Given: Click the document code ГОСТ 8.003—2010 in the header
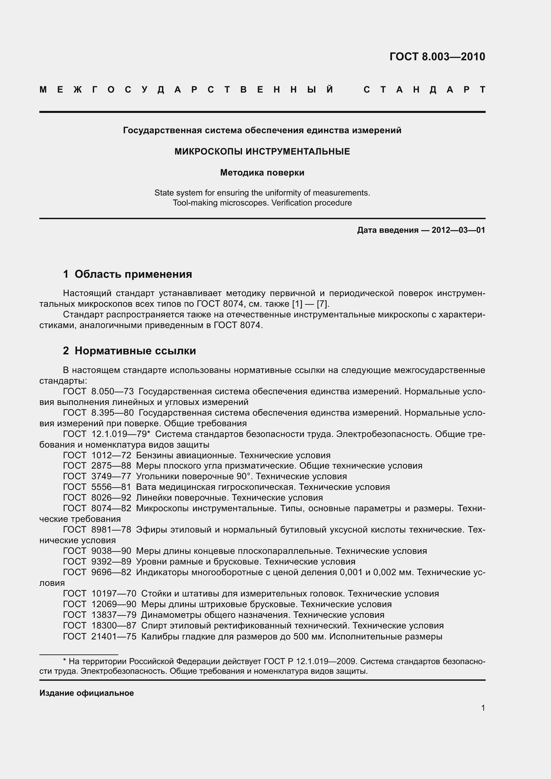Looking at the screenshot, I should click(437, 57).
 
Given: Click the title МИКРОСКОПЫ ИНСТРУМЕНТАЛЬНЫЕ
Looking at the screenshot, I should click(262, 152).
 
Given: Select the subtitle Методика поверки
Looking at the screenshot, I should click(262, 173).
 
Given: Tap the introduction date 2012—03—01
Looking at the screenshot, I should click(458, 230).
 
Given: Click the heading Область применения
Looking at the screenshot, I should click(133, 274).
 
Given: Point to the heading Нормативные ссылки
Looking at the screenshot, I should click(135, 351).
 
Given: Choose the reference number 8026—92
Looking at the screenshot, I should click(111, 498).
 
